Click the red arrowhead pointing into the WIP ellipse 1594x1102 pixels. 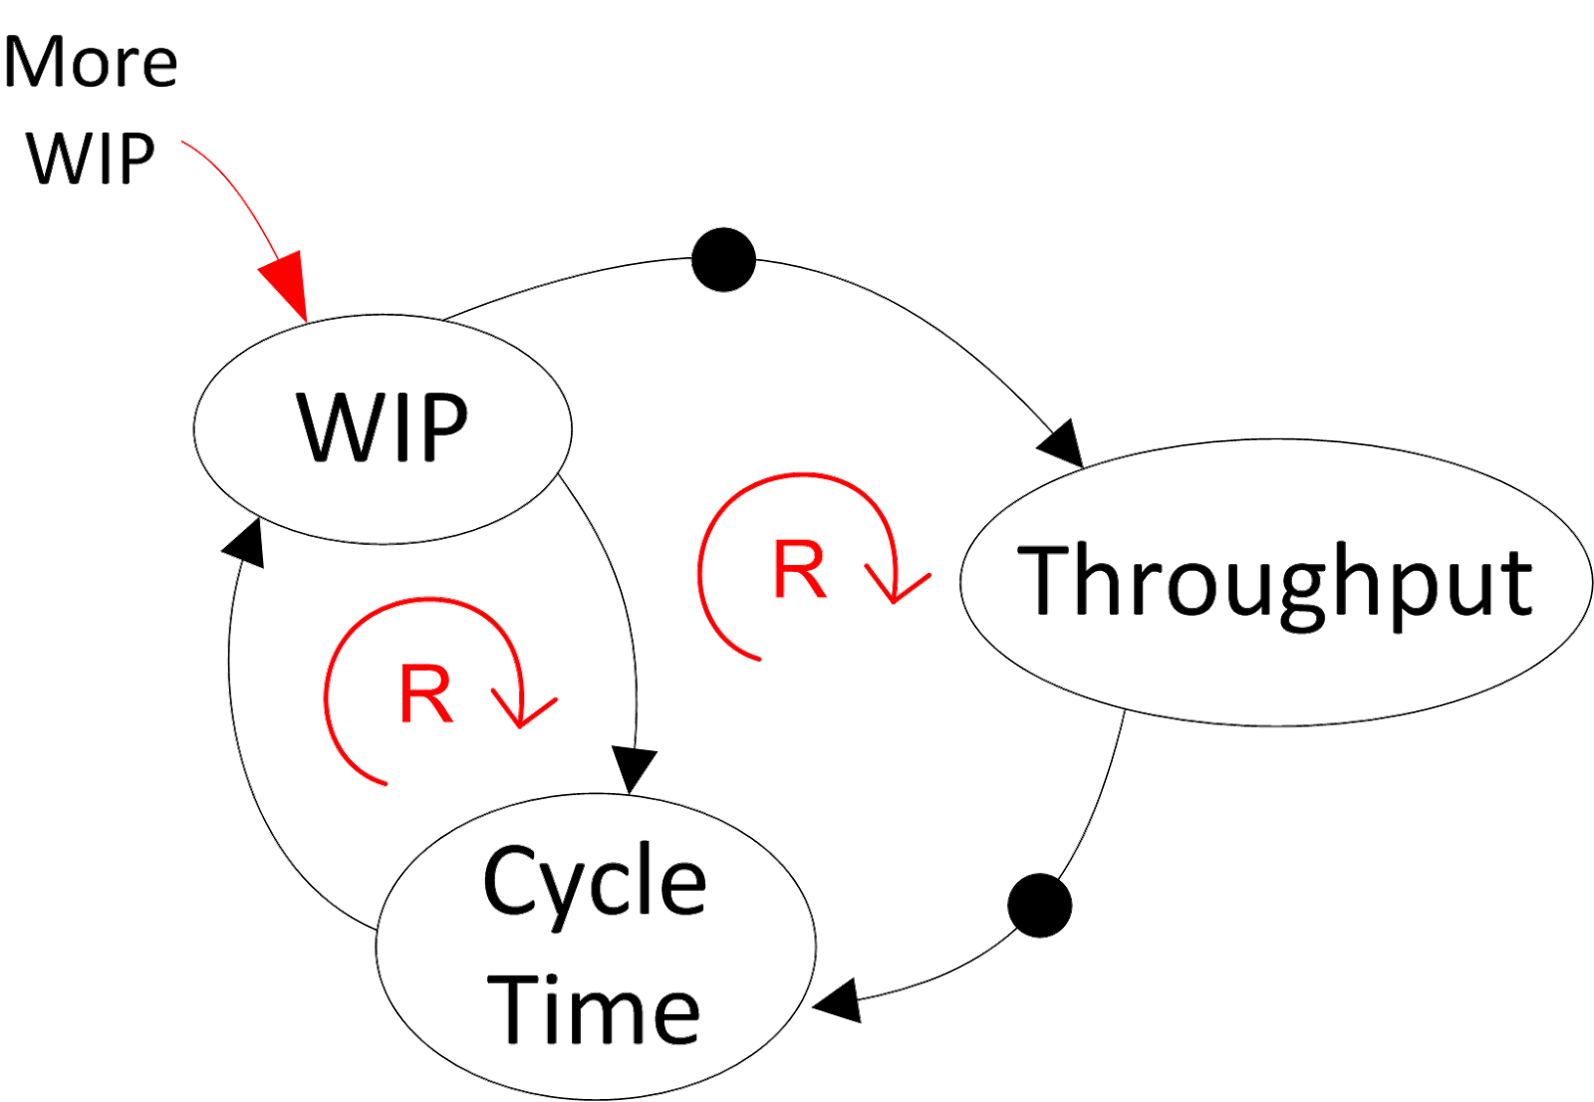[287, 289]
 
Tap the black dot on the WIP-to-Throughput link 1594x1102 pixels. [723, 260]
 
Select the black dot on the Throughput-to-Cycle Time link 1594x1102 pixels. [1039, 906]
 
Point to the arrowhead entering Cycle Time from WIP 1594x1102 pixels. [633, 773]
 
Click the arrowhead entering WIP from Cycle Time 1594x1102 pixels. [246, 545]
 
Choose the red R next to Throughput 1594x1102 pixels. [800, 570]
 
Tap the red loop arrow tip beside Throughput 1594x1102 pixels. [899, 588]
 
